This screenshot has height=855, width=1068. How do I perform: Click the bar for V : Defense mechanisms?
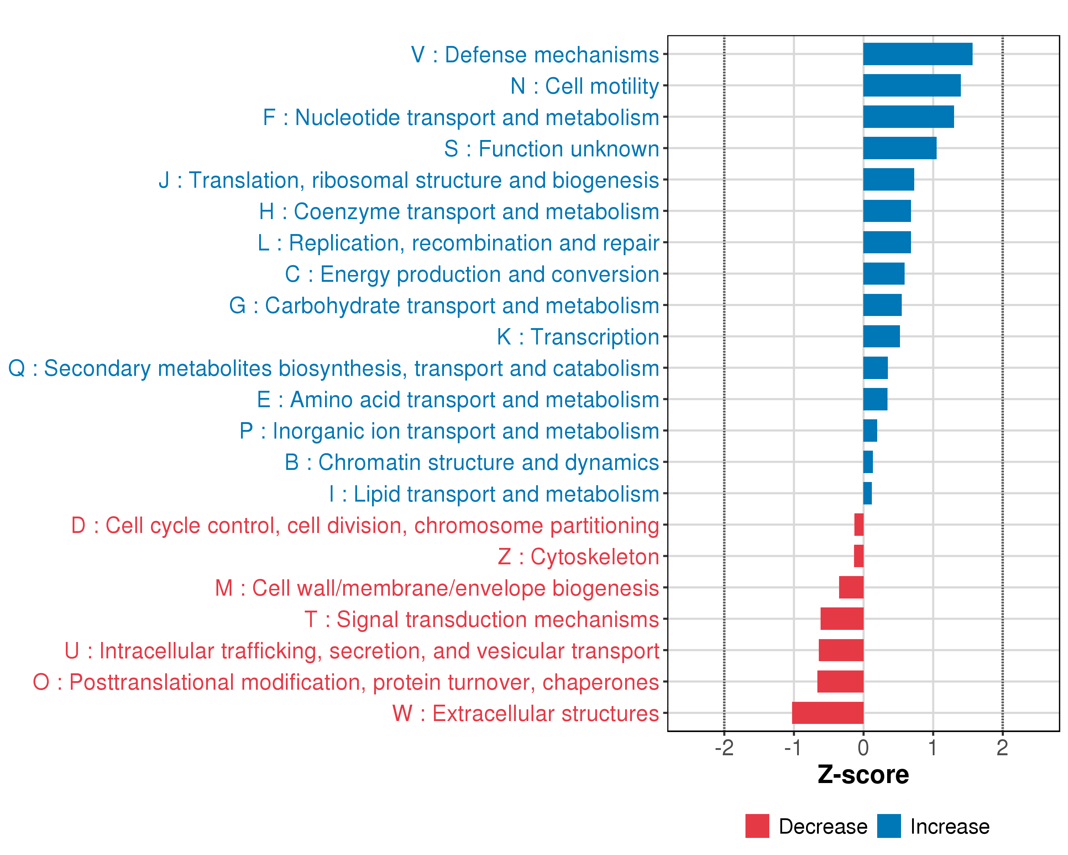pos(917,54)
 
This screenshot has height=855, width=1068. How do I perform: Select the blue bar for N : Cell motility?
pos(911,85)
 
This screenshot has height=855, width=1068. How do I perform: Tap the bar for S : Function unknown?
pos(900,148)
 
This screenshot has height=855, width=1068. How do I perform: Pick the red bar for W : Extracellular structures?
pos(827,713)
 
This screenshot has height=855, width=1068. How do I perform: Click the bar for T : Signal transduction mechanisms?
pos(842,618)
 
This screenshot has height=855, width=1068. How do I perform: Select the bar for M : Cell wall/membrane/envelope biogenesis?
pos(851,587)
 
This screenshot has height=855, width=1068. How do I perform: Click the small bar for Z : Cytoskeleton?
pos(858,556)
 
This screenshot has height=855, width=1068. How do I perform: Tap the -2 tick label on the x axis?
pos(724,748)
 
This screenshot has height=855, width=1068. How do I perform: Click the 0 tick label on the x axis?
pos(863,748)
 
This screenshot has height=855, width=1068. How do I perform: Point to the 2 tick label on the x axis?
pos(1002,748)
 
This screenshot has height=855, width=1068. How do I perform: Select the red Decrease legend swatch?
pos(757,826)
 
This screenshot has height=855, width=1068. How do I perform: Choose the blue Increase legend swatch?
pos(889,826)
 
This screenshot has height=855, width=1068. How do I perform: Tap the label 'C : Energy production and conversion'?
pos(472,274)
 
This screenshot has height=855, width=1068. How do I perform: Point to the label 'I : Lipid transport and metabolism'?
pos(494,494)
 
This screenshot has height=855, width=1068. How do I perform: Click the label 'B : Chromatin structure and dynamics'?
pos(472,462)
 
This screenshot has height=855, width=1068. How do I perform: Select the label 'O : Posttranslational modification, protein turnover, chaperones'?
pos(346,682)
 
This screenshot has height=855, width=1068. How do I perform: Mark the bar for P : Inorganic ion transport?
pos(870,430)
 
